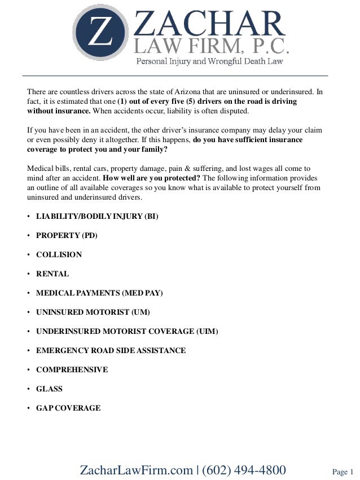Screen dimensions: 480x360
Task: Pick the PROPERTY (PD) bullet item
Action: (67, 235)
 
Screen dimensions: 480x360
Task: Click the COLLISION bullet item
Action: (59, 254)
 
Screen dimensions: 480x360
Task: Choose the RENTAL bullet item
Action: (52, 274)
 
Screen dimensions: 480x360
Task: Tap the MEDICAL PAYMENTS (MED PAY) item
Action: (99, 293)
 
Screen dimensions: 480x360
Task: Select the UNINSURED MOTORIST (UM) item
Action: (93, 312)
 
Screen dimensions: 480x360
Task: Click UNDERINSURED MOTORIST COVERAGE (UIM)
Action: (127, 331)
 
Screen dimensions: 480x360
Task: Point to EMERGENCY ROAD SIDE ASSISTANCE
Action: (111, 350)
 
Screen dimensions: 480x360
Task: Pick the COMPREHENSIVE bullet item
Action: (72, 369)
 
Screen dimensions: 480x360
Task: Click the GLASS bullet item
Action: (49, 389)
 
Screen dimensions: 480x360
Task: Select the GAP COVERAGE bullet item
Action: (68, 408)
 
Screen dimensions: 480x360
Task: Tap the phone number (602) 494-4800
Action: (244, 470)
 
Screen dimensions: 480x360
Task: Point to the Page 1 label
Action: (343, 471)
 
